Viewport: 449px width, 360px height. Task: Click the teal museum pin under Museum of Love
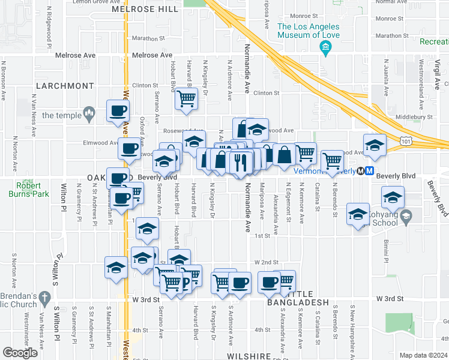[x=326, y=47]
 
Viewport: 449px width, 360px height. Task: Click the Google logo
[x=20, y=353]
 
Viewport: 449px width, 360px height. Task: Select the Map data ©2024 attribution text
[x=423, y=355]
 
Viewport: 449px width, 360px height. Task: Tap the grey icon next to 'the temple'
[x=89, y=112]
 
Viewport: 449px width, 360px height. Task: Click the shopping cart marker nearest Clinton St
[x=187, y=98]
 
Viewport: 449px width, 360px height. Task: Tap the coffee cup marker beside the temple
[x=117, y=110]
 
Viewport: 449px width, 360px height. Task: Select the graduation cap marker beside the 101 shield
[x=375, y=145]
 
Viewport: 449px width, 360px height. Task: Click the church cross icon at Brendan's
[x=44, y=298]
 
